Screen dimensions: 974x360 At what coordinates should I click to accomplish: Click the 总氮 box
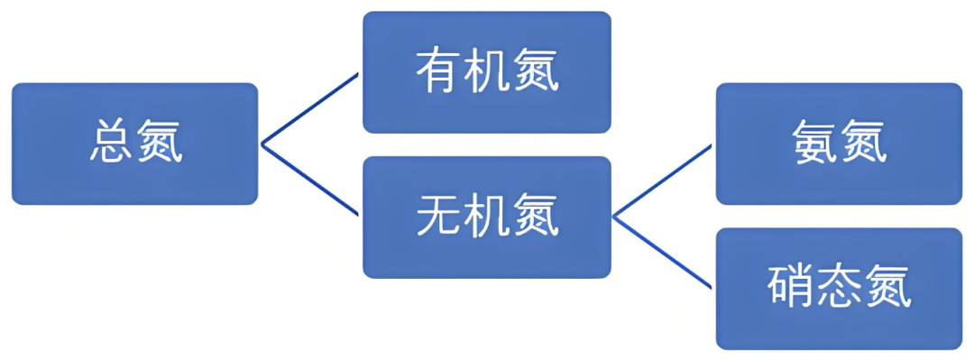coord(135,143)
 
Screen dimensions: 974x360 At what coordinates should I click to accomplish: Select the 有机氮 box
coord(487,72)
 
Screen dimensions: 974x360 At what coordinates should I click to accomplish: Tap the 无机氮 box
coord(487,217)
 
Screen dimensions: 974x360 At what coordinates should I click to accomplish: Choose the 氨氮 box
coord(839,143)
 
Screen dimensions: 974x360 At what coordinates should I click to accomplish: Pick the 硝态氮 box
coord(839,288)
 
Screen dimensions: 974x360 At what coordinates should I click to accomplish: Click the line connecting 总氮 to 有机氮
coord(309,109)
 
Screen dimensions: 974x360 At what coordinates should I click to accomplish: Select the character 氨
coord(814,143)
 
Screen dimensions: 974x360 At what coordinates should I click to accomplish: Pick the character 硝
coord(790,288)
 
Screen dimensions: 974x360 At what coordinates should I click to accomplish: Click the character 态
coord(839,288)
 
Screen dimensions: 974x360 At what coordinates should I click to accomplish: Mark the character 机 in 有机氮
coord(487,72)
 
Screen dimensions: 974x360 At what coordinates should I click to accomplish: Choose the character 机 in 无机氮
coord(487,217)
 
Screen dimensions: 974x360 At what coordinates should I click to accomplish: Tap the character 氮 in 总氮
coord(160,143)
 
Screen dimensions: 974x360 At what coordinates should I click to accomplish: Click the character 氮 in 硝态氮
coord(888,288)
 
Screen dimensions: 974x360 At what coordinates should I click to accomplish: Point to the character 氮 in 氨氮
coord(864,143)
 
